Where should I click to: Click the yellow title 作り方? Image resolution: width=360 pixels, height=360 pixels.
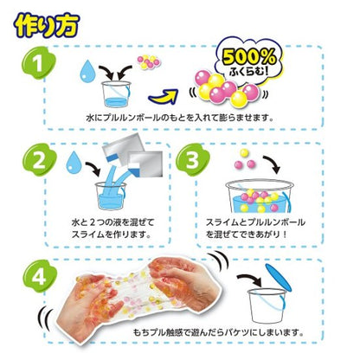[x=47, y=25]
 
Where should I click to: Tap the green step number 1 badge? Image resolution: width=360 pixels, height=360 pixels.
[x=39, y=63]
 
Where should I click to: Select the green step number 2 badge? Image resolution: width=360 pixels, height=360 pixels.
[x=39, y=160]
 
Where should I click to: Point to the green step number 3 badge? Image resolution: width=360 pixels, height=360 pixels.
[x=192, y=159]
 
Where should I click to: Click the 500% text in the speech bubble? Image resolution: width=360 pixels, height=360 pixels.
[x=249, y=57]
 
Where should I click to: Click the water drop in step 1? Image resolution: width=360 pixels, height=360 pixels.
[x=87, y=71]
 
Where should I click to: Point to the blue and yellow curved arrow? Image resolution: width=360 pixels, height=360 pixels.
[x=163, y=97]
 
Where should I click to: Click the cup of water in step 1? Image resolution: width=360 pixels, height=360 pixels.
[x=116, y=94]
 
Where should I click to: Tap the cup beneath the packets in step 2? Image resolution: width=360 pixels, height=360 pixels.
[x=111, y=196]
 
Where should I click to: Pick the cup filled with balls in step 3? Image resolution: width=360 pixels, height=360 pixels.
[x=260, y=196]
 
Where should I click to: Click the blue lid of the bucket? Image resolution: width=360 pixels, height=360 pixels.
[x=279, y=277]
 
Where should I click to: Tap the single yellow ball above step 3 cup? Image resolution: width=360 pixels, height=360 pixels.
[x=244, y=153]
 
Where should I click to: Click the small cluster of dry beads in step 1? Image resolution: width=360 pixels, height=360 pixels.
[x=148, y=61]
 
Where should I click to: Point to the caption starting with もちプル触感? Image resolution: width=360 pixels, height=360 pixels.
[x=218, y=332]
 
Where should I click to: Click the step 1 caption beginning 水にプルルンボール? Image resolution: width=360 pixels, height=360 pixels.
[x=179, y=118]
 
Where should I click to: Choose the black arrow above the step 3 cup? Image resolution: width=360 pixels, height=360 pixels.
[x=272, y=164]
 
